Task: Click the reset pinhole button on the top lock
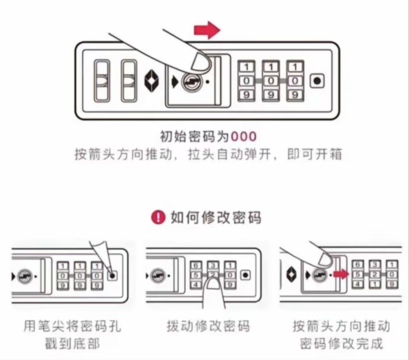click(317, 81)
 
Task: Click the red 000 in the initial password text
click(244, 137)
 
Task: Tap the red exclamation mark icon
click(158, 217)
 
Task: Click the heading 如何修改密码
click(216, 217)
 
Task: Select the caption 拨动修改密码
click(208, 326)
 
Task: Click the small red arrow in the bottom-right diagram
click(340, 274)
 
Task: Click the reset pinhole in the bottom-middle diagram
click(245, 275)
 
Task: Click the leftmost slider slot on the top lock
click(101, 81)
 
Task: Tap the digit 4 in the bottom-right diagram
click(358, 284)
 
